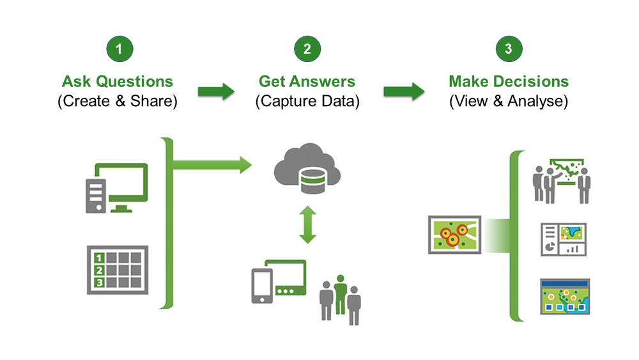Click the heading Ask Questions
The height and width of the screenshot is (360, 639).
click(118, 81)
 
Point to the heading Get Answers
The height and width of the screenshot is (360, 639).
click(307, 81)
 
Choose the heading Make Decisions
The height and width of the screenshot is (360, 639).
click(509, 81)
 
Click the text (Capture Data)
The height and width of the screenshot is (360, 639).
click(307, 101)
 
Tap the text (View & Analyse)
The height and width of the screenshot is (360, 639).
click(509, 101)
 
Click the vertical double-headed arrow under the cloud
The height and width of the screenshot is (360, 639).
click(308, 224)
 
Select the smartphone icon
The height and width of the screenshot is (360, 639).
click(261, 284)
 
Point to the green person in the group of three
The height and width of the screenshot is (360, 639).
click(341, 294)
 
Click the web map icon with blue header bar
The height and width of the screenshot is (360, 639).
click(563, 297)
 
